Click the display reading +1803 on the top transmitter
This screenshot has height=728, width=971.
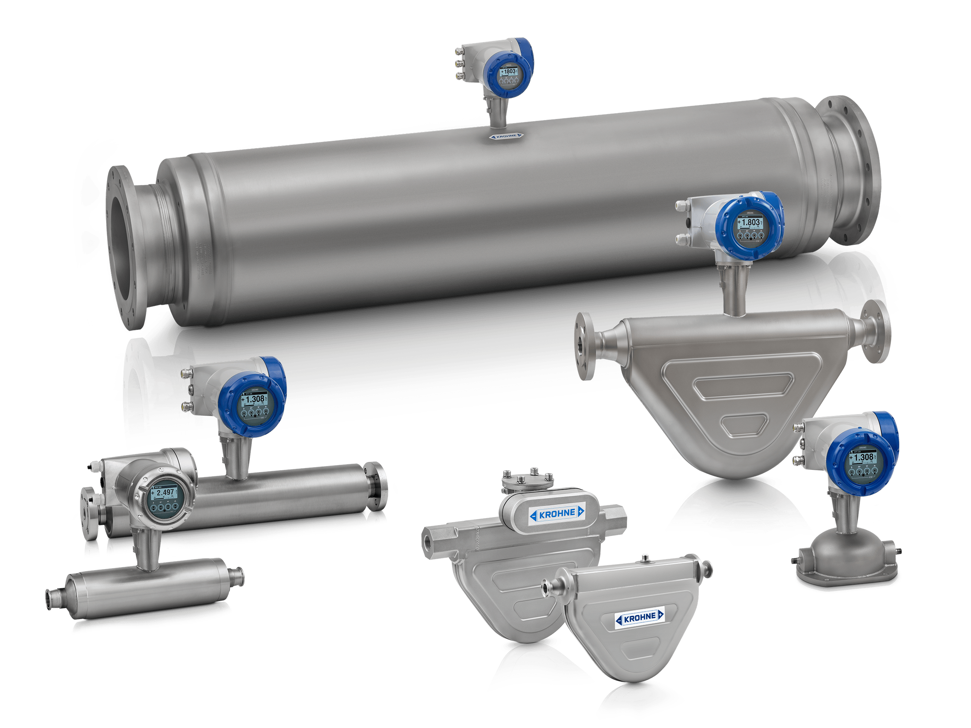tap(509, 72)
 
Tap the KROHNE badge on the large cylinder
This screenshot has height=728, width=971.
tap(506, 136)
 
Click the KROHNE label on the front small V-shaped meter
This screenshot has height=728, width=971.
tap(640, 618)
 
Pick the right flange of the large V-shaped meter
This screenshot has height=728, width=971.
tap(876, 331)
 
